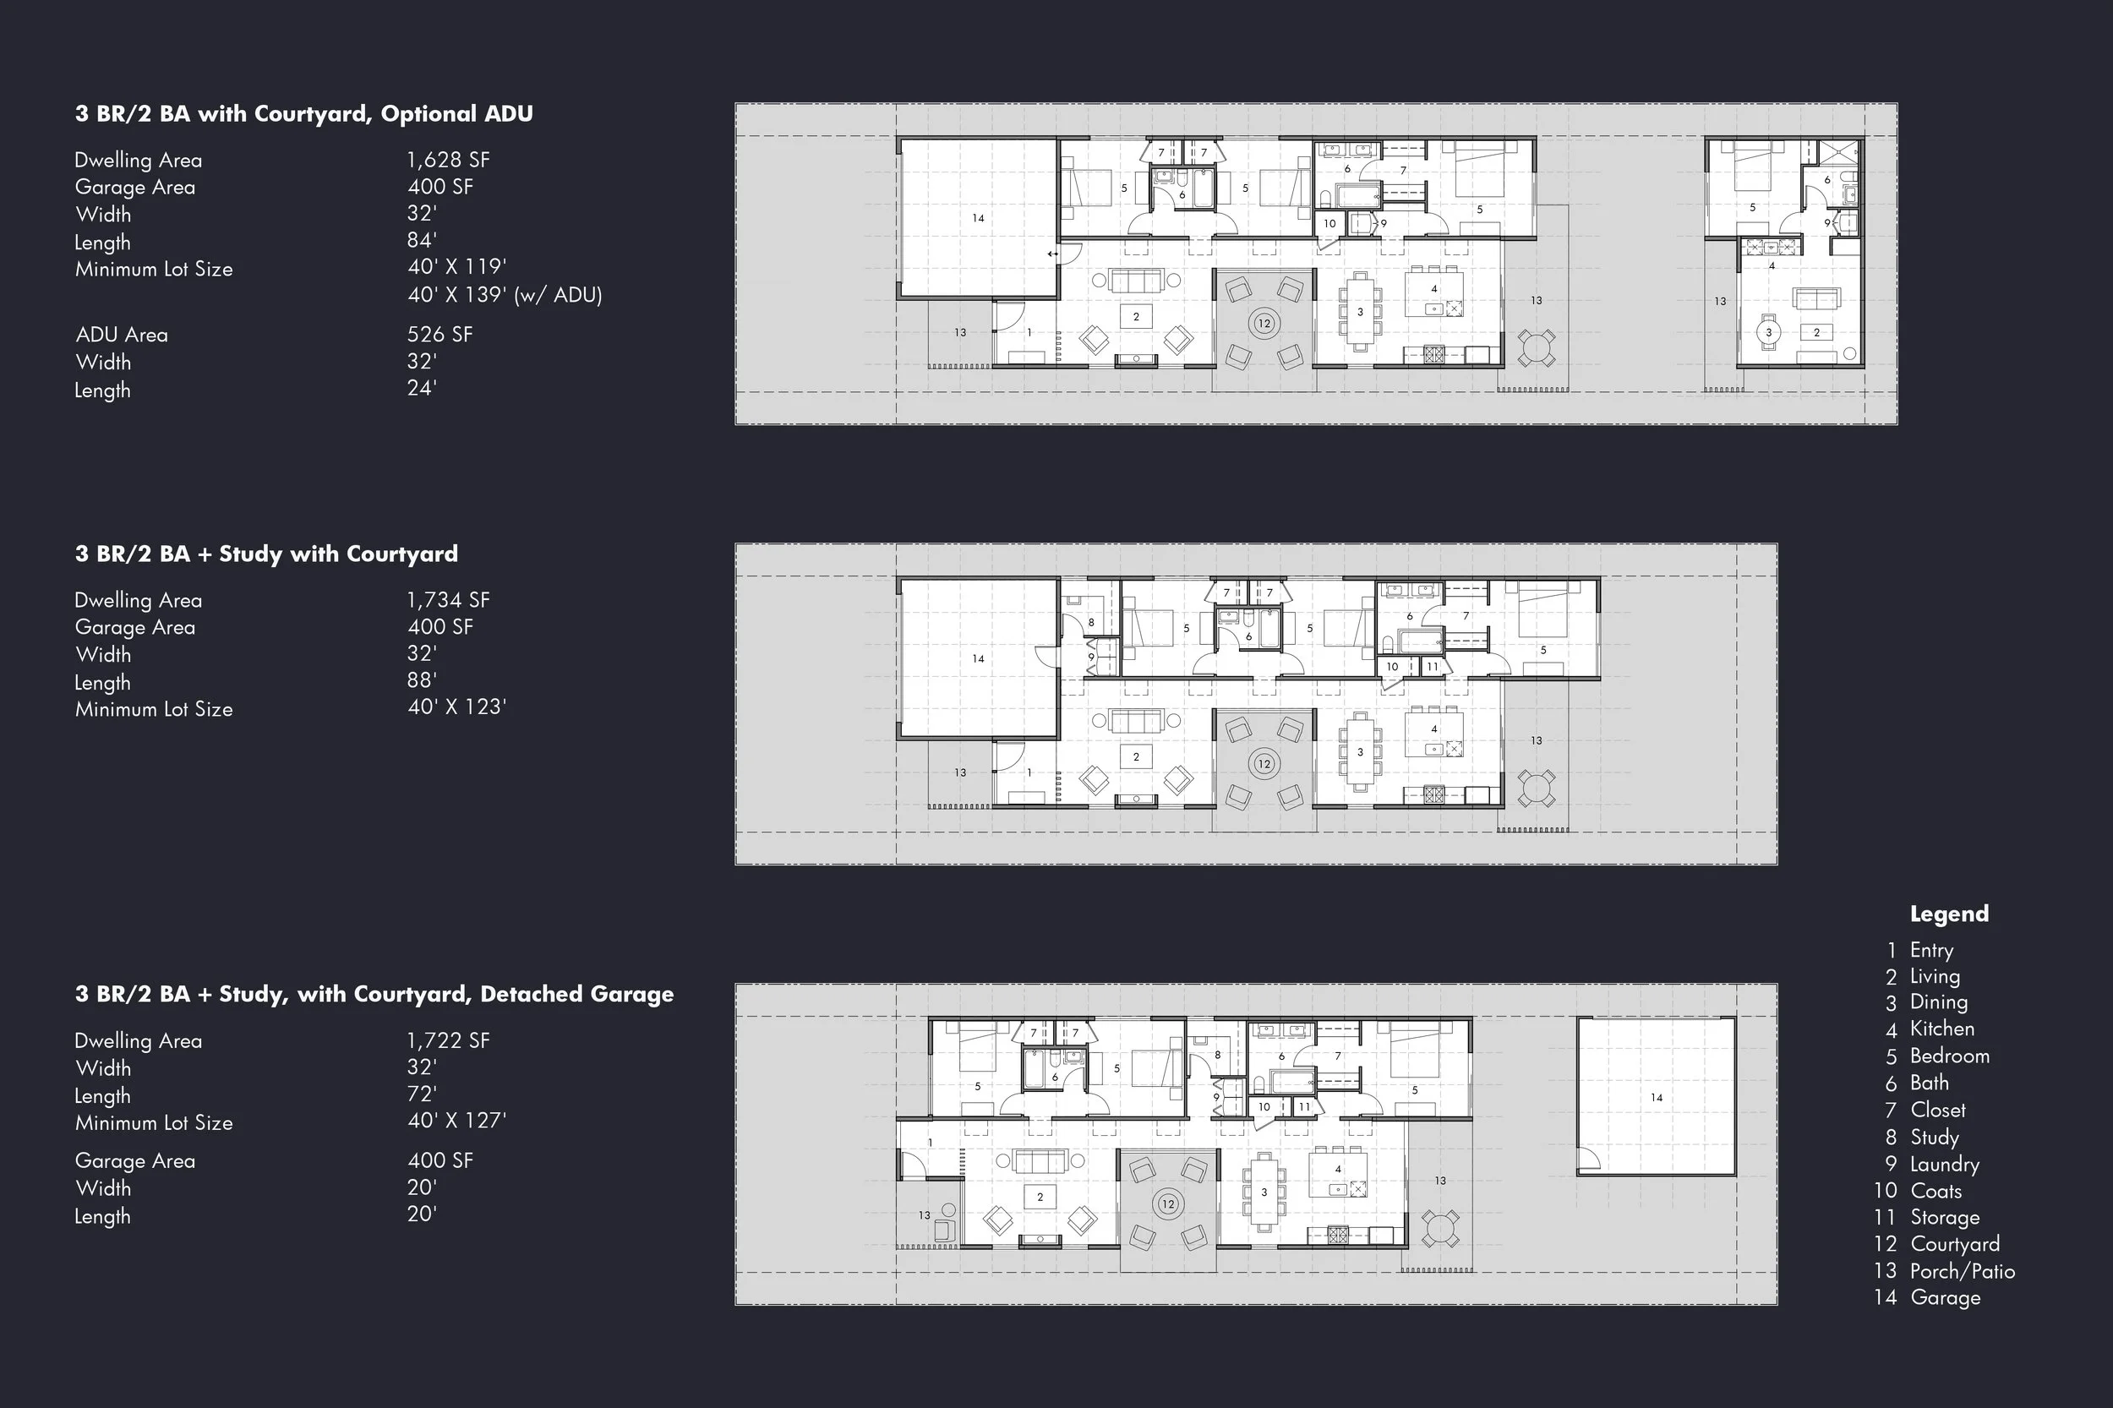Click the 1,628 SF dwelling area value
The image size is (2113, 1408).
click(x=447, y=160)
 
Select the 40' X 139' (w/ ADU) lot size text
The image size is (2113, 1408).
click(x=504, y=294)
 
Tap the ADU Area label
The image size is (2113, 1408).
click(x=121, y=335)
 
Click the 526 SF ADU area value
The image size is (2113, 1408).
click(x=440, y=334)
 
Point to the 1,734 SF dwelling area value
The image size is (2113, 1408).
click(x=447, y=600)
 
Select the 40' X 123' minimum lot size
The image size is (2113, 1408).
click(x=456, y=707)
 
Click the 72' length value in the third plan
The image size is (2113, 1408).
click(x=421, y=1094)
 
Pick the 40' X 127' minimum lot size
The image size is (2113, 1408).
click(x=456, y=1120)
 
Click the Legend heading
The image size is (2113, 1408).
click(x=1949, y=914)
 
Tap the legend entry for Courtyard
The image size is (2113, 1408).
click(x=1954, y=1244)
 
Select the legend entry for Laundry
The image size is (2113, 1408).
click(x=1943, y=1164)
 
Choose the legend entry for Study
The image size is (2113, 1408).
click(x=1934, y=1137)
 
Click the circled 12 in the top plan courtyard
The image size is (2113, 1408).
click(x=1264, y=323)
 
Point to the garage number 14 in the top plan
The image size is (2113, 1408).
click(x=978, y=218)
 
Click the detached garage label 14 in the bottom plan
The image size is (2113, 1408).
click(x=1656, y=1097)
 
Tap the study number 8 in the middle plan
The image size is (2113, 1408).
click(x=1091, y=622)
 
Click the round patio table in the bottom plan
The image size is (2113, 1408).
click(x=1440, y=1229)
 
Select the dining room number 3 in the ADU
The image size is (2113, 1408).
click(x=1768, y=332)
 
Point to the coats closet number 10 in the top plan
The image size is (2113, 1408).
click(x=1329, y=224)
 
